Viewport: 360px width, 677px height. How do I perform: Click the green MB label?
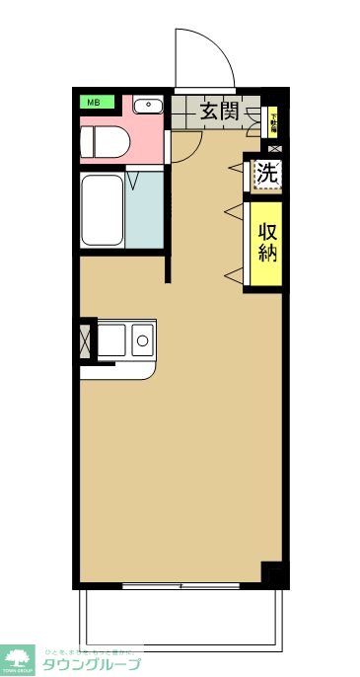97,102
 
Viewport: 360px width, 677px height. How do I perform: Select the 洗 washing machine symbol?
266,175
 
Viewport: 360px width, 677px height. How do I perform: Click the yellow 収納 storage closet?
266,243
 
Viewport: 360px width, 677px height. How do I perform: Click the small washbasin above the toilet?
148,105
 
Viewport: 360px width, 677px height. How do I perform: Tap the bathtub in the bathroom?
102,210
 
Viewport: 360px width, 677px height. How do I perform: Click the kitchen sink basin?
110,340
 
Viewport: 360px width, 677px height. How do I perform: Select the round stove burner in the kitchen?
141,341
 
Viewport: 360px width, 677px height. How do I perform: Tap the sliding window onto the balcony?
181,585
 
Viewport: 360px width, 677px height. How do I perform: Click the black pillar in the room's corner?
272,572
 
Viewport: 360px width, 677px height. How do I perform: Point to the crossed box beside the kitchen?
85,340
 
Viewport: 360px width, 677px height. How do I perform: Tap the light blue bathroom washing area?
144,209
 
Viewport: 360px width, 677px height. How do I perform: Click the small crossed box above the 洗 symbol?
274,148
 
